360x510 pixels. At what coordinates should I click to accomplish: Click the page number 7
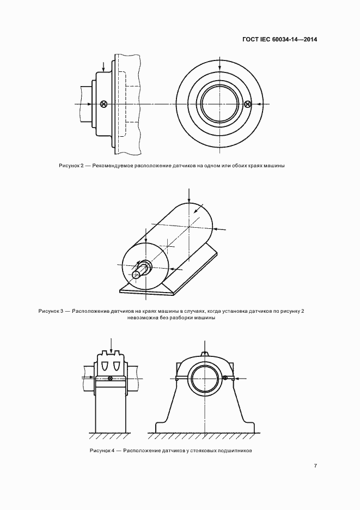pos(315,465)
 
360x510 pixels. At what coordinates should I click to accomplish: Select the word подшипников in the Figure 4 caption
pos(235,451)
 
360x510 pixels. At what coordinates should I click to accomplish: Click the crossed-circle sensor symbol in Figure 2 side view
pos(103,104)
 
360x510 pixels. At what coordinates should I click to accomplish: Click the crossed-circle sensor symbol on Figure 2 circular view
pos(248,104)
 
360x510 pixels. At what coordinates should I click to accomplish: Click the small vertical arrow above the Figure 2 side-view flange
pos(103,66)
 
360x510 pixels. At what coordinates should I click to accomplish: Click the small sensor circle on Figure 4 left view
pos(111,378)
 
